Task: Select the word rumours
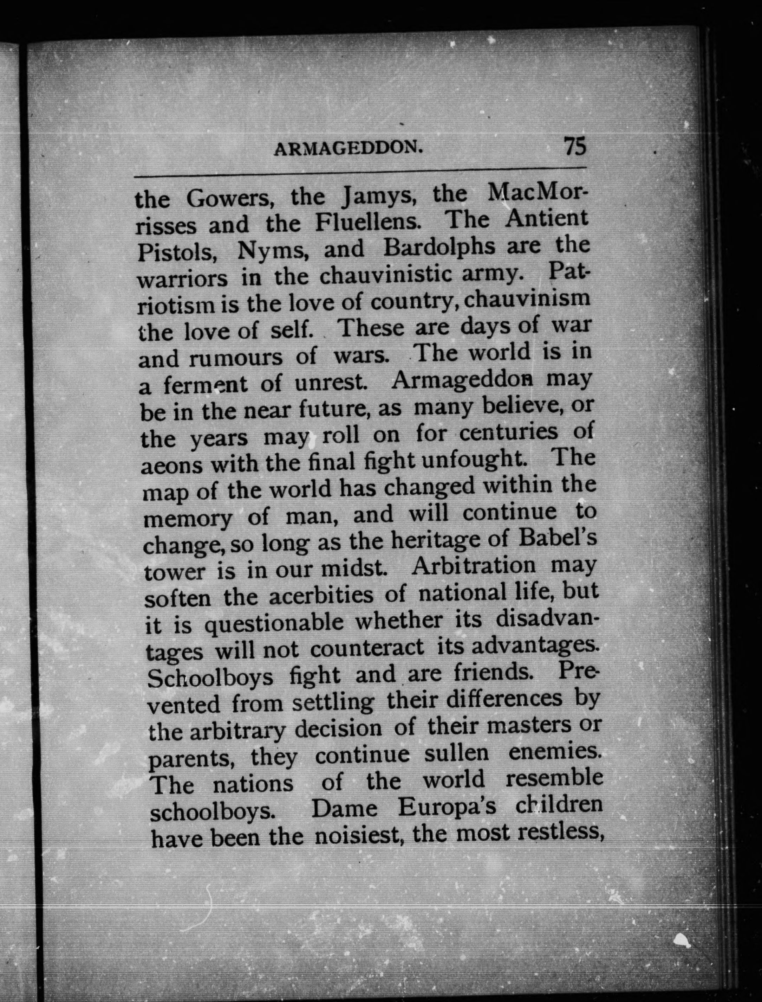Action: (x=235, y=358)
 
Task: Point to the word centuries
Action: (x=508, y=432)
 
